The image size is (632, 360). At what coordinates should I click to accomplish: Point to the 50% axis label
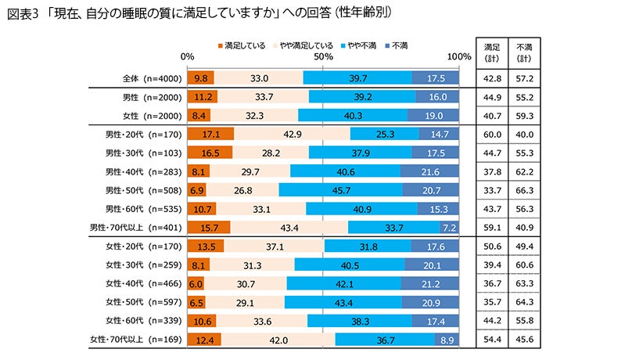(324, 56)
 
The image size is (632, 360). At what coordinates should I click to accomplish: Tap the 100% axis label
(458, 56)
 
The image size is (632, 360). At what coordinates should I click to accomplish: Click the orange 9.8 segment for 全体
(200, 77)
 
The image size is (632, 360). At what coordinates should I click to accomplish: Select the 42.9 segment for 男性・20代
(293, 134)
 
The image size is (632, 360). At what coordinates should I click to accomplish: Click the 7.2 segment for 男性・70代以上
(449, 227)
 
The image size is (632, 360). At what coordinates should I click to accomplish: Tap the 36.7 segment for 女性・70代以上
(385, 339)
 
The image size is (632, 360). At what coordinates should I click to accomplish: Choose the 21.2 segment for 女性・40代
(430, 283)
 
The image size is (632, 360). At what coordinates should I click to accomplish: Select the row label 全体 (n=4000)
(152, 77)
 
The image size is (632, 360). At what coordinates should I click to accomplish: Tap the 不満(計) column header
(526, 52)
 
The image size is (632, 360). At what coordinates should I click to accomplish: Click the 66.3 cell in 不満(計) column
(526, 190)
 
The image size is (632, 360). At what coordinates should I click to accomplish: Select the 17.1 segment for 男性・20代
(211, 134)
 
